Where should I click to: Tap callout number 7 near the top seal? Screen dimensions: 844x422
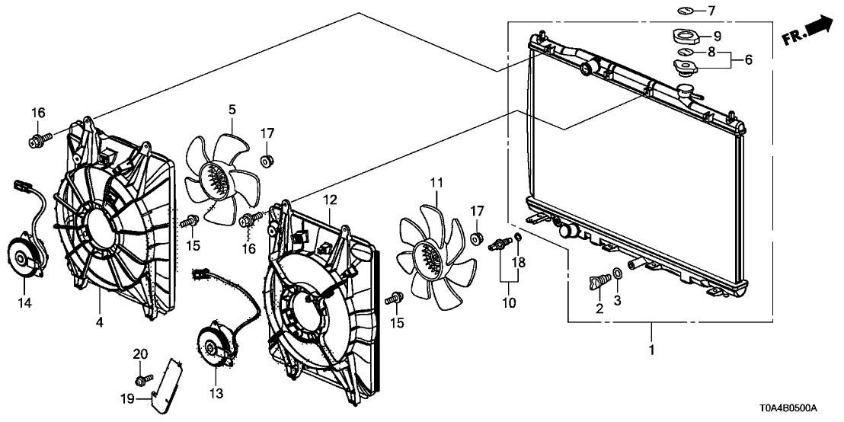[x=711, y=10]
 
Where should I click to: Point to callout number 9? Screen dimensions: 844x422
[x=717, y=37]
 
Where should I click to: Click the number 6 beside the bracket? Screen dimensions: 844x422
[x=748, y=59]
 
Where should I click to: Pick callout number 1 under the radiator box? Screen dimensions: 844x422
[x=651, y=350]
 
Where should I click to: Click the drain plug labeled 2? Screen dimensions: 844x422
[x=599, y=280]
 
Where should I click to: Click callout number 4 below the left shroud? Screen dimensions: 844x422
[x=100, y=322]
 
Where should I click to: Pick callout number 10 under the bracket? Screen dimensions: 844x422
[x=509, y=302]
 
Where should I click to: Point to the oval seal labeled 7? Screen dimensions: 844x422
[x=686, y=10]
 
